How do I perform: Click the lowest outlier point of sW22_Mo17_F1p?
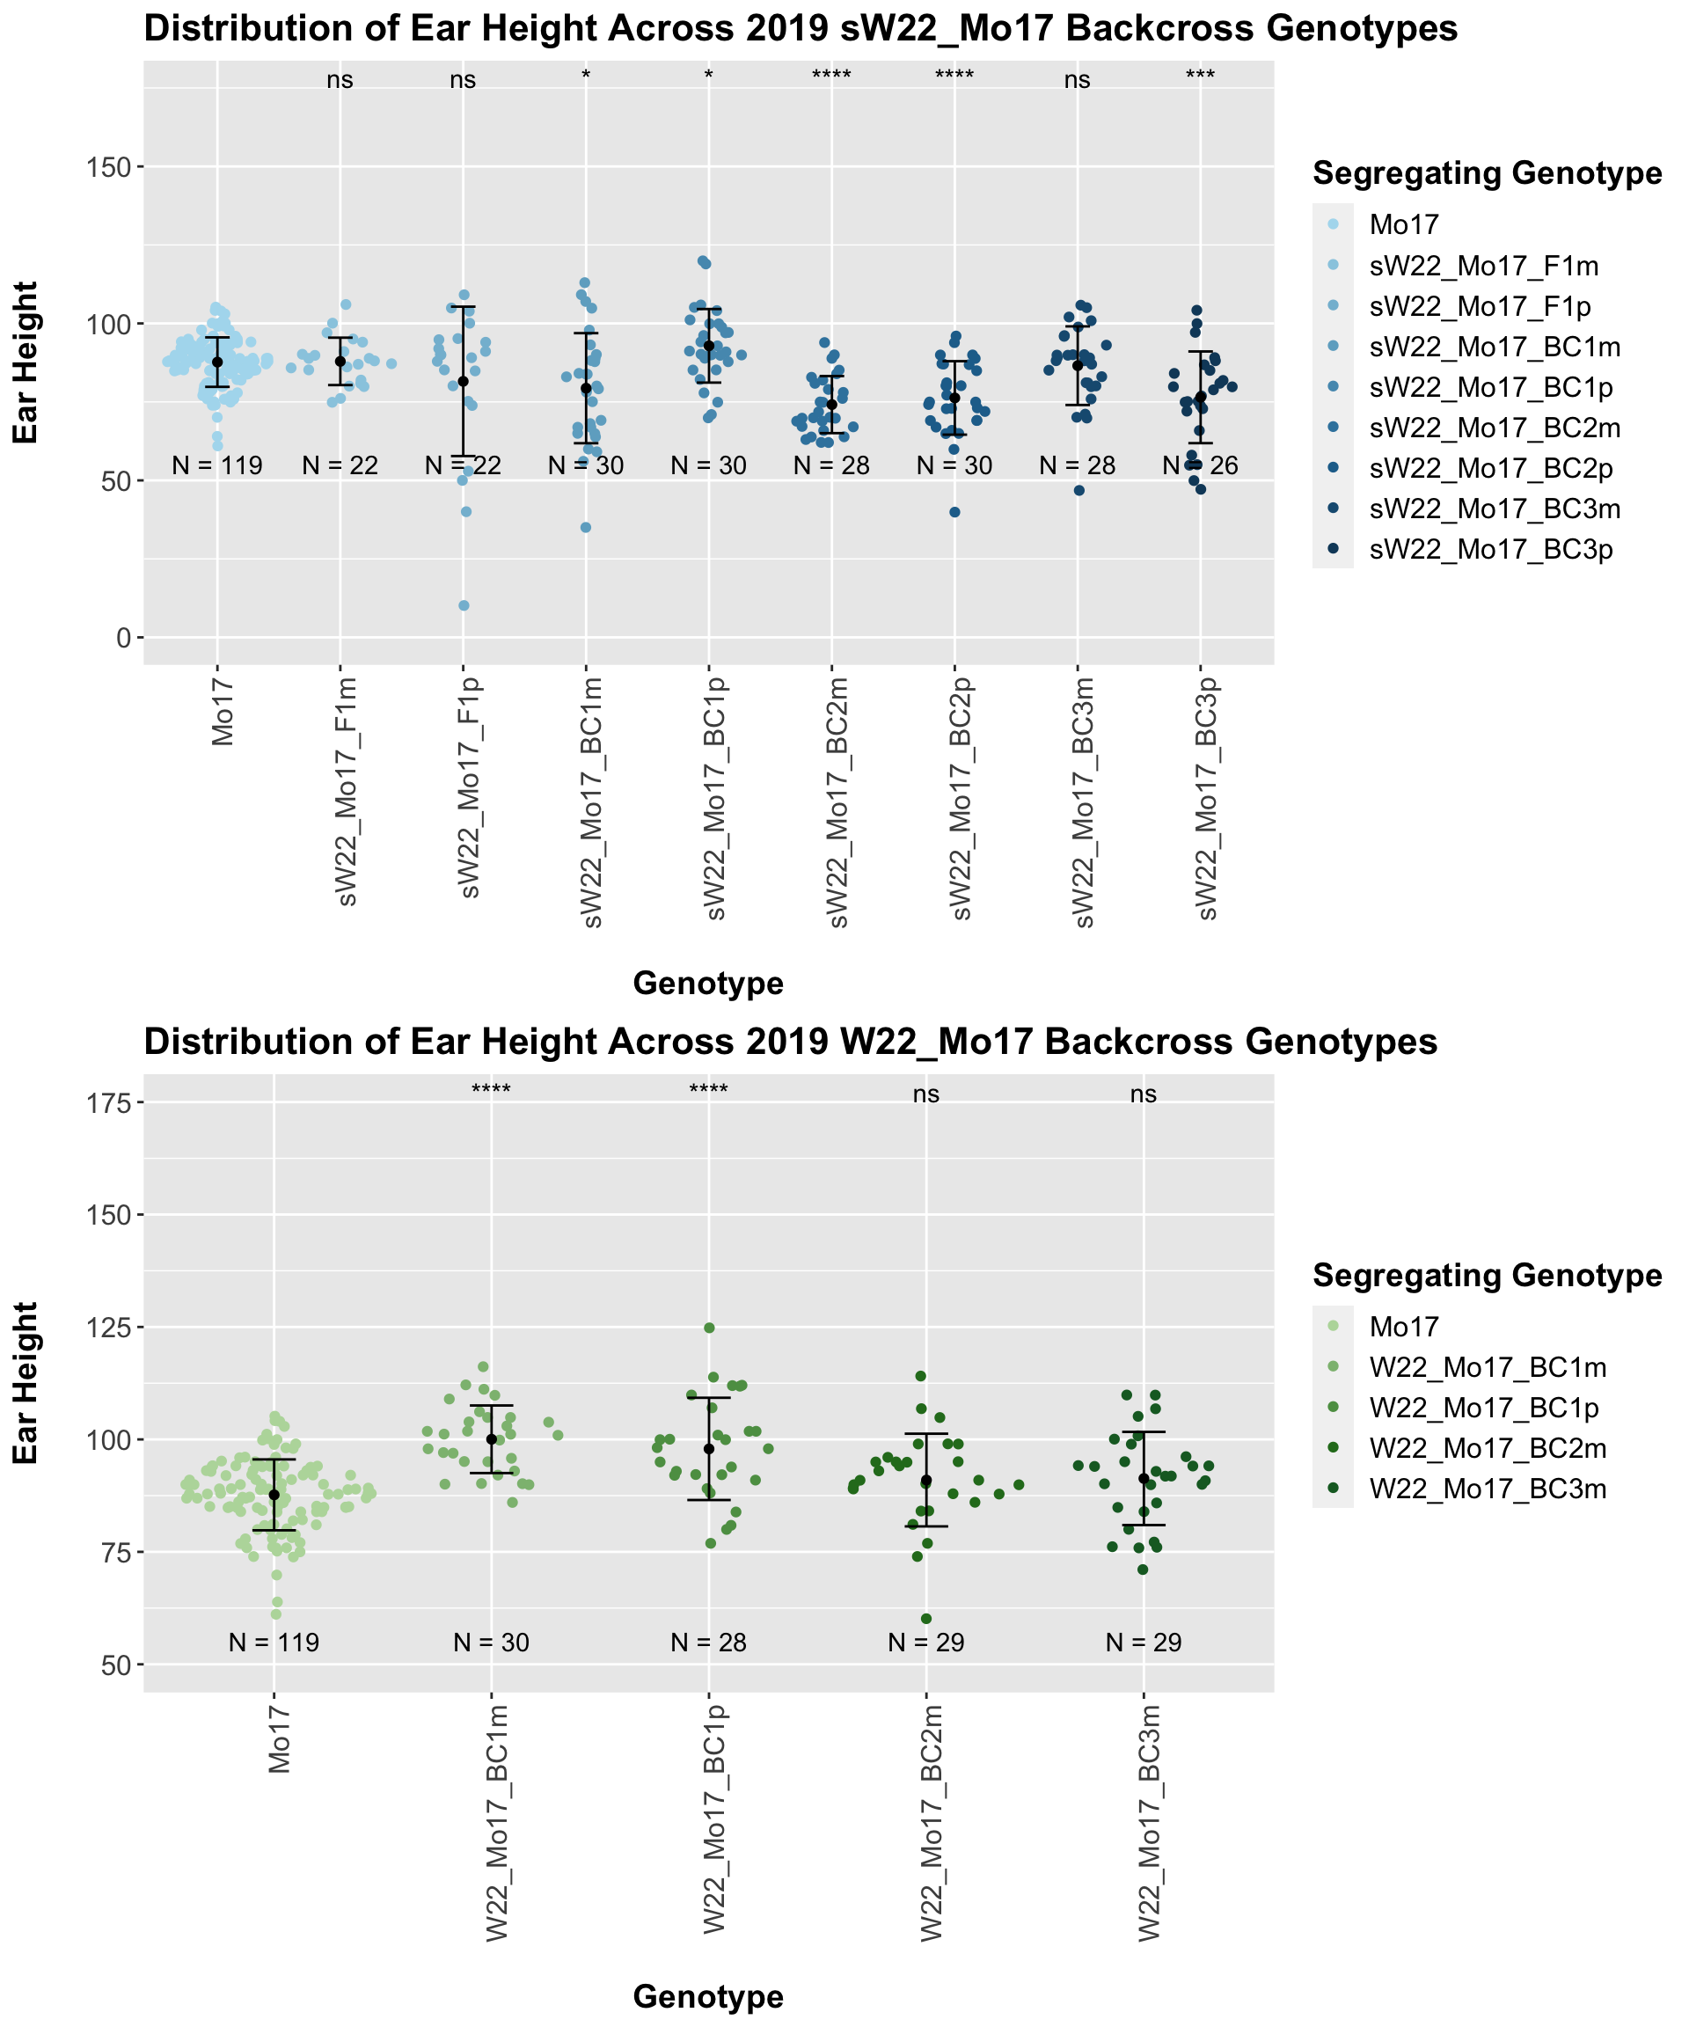click(x=464, y=606)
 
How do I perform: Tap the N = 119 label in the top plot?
click(x=217, y=466)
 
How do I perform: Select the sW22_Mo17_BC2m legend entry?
click(x=1494, y=428)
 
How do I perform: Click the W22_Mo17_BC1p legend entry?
click(x=1483, y=1409)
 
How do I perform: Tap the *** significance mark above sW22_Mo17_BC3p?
click(x=1200, y=78)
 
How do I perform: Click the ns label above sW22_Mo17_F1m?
click(x=340, y=81)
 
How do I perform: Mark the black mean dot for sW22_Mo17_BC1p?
click(x=708, y=346)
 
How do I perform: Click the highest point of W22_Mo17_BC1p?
click(x=708, y=1328)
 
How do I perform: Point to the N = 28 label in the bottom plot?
click(x=708, y=1643)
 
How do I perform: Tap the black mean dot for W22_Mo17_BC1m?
click(x=491, y=1439)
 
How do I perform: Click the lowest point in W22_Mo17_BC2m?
click(x=925, y=1619)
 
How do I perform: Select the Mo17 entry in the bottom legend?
click(x=1404, y=1328)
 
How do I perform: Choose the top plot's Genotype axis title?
click(x=707, y=984)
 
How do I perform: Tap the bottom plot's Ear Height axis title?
click(x=26, y=1382)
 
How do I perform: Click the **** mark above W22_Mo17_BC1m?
click(x=491, y=1092)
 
